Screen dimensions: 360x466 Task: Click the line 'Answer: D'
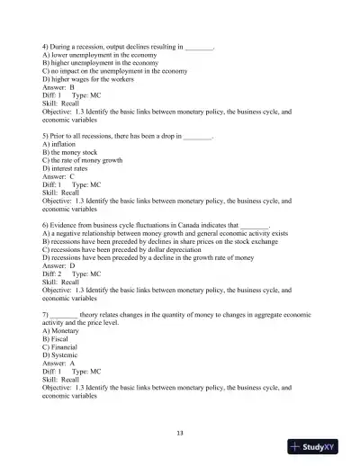(59, 266)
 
